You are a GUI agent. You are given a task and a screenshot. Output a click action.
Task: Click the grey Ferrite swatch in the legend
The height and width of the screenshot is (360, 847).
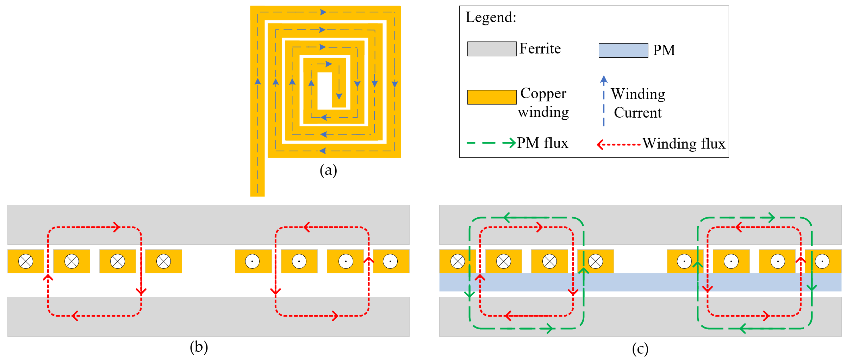[492, 49]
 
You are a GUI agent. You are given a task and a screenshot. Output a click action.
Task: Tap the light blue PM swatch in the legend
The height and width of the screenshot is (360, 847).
[623, 50]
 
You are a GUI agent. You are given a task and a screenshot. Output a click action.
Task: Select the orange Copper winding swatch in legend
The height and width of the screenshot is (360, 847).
[492, 97]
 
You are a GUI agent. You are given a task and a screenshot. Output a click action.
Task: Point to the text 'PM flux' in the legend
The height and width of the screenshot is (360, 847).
[542, 143]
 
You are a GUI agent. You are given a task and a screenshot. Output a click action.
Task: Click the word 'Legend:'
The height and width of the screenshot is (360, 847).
[491, 17]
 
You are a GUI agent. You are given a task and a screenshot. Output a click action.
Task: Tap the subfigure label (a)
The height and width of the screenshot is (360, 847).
[328, 170]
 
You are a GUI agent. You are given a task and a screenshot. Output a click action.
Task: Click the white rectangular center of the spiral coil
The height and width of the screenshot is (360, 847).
[324, 91]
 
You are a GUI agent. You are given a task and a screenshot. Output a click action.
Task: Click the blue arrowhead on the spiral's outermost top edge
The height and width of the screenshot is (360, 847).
[323, 12]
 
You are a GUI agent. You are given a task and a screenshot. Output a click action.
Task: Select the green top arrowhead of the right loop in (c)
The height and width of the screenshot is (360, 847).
[771, 217]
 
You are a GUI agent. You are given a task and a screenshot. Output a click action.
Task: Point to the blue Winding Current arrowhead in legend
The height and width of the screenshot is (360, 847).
[604, 79]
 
